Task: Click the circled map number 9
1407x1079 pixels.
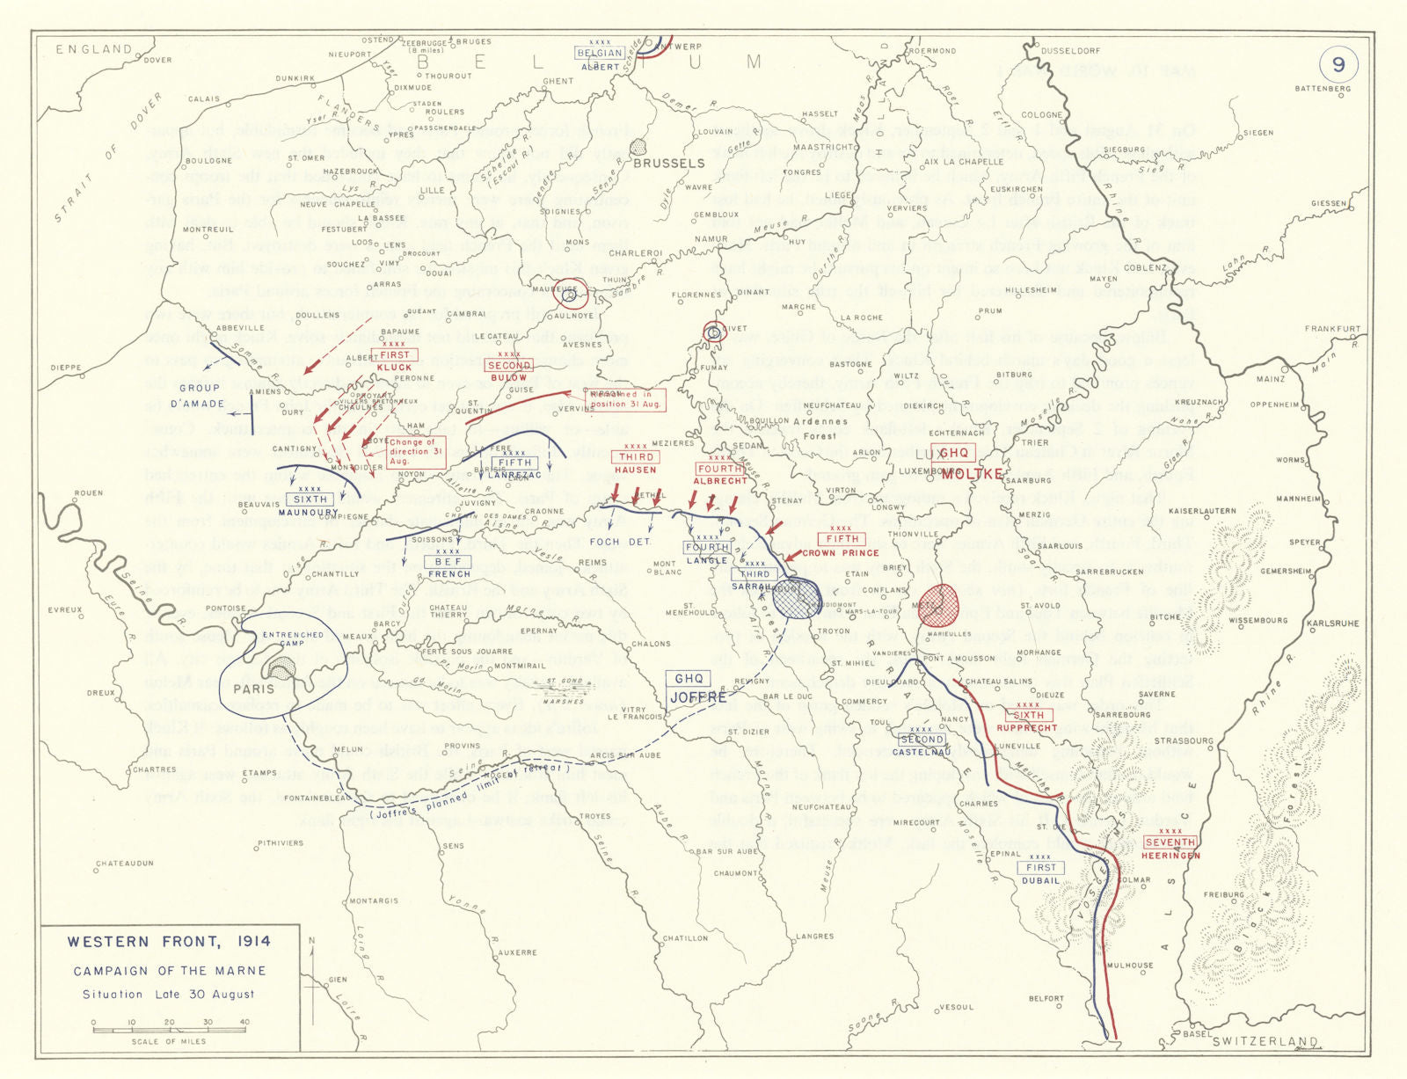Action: coord(1338,65)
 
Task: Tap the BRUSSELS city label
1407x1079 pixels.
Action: coord(668,163)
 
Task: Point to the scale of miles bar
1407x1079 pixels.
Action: coord(171,1030)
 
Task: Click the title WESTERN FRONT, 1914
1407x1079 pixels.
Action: coord(169,942)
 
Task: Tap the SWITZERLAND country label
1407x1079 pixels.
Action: coord(1265,1041)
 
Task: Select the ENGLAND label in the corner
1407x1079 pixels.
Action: coord(94,49)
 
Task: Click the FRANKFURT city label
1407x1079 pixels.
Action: coord(1332,329)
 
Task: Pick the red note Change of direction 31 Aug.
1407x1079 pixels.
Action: coord(416,451)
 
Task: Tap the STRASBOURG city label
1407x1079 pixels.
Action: coord(1184,741)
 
